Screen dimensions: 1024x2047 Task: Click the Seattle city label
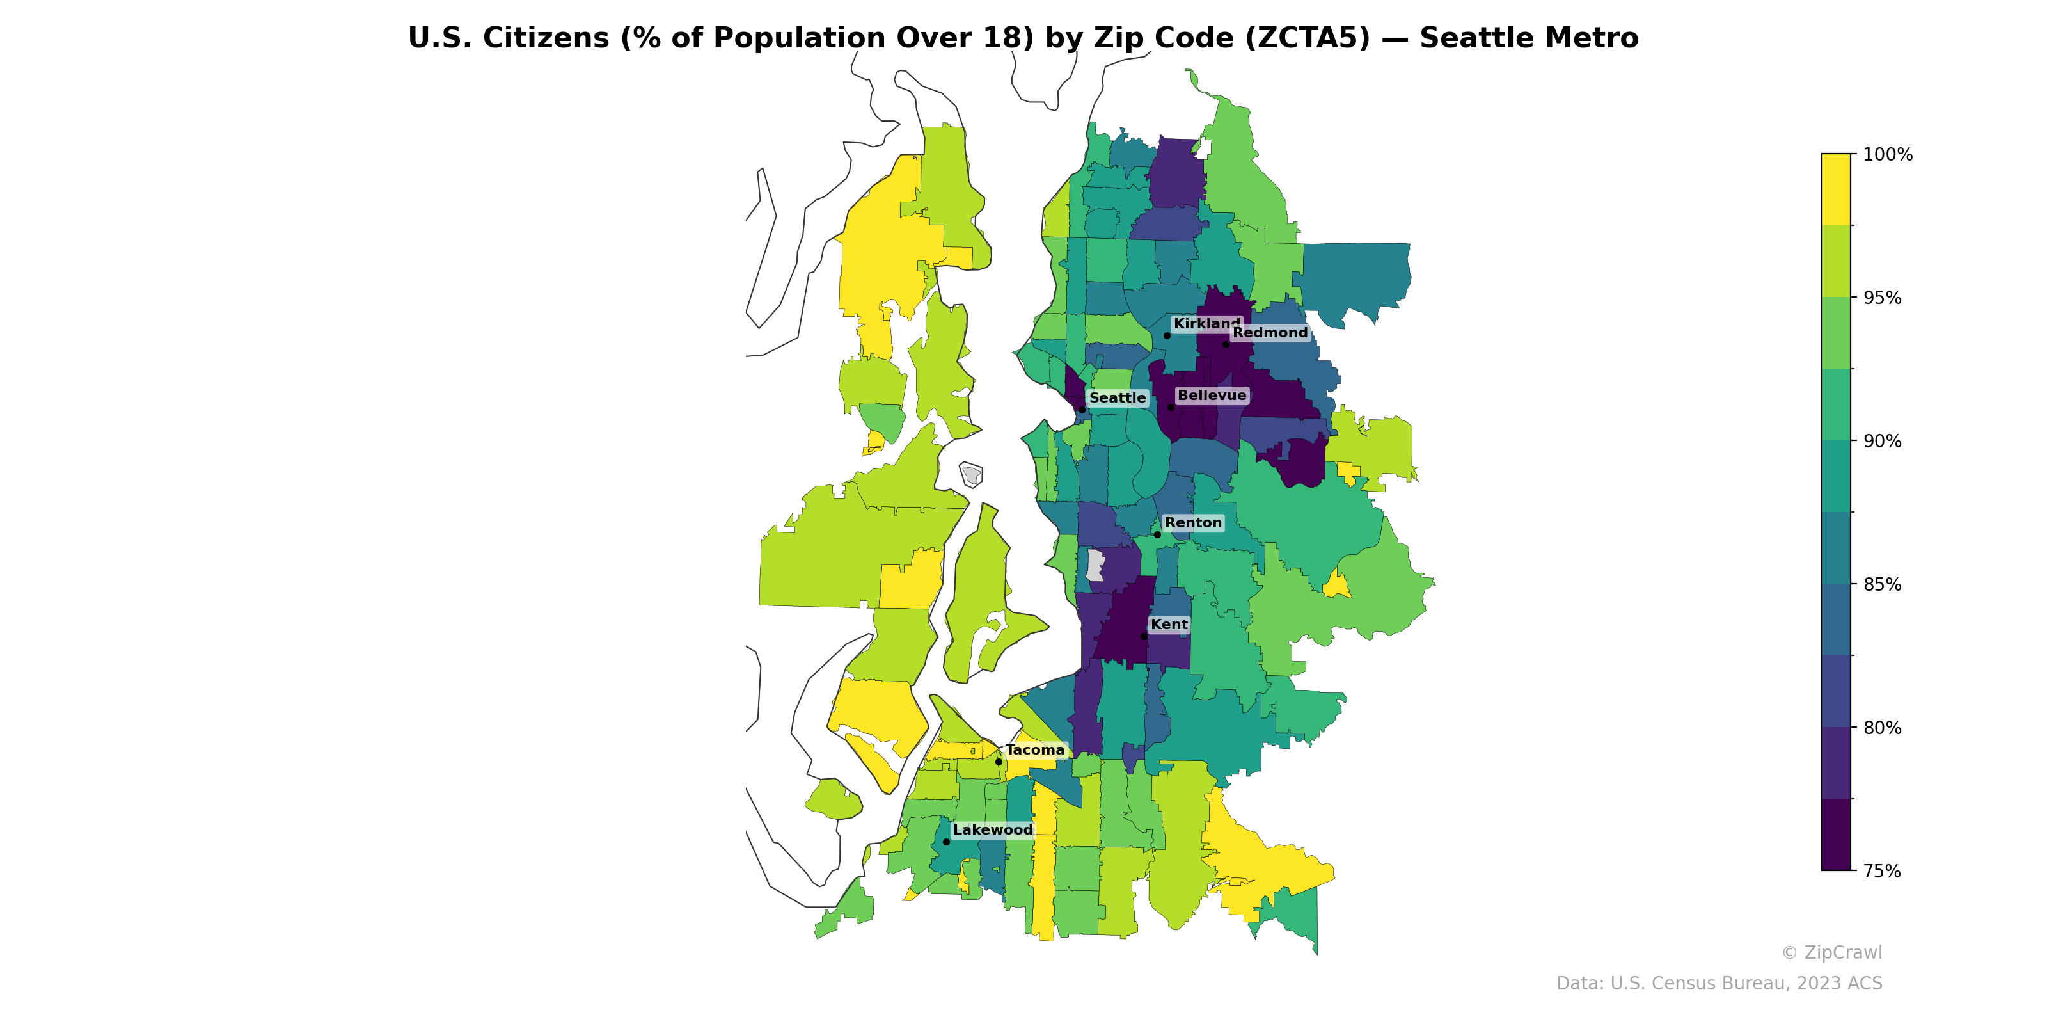(1118, 397)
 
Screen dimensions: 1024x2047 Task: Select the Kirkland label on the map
(1205, 324)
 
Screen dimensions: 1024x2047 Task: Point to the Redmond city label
(1270, 332)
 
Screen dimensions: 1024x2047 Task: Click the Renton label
(1193, 522)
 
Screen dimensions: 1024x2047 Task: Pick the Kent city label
(1169, 624)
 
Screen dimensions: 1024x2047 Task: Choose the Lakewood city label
(993, 829)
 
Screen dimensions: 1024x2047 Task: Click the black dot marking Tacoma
(999, 762)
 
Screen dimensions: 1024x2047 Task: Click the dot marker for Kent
(1144, 636)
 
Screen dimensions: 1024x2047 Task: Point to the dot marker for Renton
(1157, 534)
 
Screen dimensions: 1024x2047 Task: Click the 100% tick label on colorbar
(1887, 154)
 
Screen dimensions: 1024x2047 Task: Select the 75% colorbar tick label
(1882, 871)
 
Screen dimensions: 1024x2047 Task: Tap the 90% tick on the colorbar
(1882, 441)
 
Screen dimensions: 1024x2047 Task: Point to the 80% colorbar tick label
(1882, 728)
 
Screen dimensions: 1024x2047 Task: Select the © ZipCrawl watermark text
(1831, 952)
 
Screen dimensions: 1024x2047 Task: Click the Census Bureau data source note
(1719, 984)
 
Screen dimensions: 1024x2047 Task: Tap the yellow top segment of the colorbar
(1836, 189)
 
